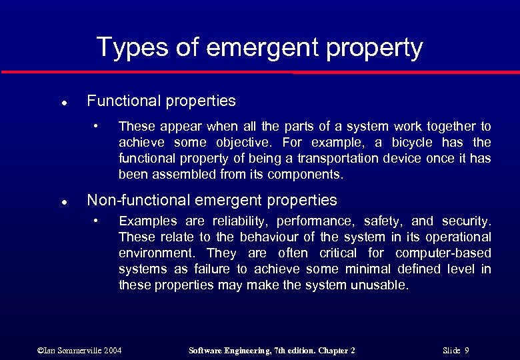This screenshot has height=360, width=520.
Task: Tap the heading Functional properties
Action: tap(161, 101)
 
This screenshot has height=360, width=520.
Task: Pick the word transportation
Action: tap(337, 159)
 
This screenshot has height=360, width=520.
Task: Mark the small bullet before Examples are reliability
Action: tap(96, 221)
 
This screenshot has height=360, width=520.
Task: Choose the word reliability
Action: tap(240, 221)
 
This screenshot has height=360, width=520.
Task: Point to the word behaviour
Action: tap(257, 237)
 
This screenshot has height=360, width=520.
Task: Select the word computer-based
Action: tap(443, 253)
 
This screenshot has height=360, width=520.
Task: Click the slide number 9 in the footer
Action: tap(467, 351)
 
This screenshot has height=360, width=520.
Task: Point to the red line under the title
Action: tap(260, 72)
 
